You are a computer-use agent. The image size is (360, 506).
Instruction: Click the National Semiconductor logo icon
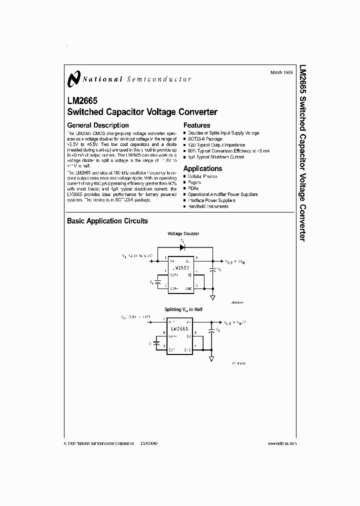click(74, 79)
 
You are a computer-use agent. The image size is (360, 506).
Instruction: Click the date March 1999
click(282, 72)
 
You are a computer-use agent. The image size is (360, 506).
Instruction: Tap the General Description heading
click(97, 125)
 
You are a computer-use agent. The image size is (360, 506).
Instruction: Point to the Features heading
click(196, 125)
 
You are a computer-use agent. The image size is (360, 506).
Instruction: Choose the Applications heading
click(202, 169)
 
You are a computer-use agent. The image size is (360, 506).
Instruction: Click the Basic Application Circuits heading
click(107, 221)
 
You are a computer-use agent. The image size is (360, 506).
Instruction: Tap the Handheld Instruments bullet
click(208, 206)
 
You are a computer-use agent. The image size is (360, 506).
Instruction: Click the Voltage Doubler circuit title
click(183, 233)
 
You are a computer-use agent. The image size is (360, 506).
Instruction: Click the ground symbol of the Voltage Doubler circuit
click(212, 297)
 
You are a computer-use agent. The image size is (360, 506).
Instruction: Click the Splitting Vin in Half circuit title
click(183, 309)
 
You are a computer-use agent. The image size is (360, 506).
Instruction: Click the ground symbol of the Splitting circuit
click(212, 358)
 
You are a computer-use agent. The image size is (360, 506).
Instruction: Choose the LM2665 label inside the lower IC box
click(179, 328)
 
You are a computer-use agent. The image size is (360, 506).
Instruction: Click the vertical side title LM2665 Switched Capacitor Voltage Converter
click(302, 152)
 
